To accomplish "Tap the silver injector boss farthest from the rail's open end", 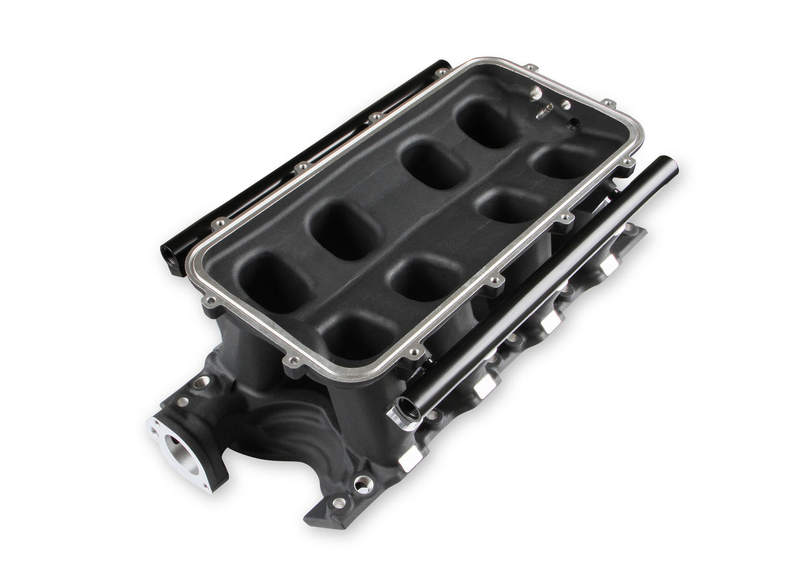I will [x=608, y=264].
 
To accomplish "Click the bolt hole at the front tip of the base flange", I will [x=338, y=503].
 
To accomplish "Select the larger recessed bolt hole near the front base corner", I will [x=362, y=484].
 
